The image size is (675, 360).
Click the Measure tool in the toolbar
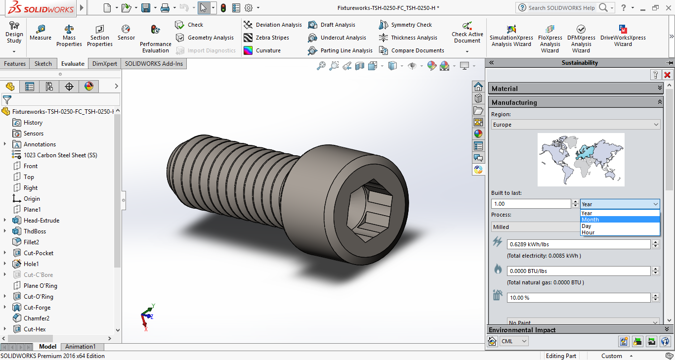pos(41,33)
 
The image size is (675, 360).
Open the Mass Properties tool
pos(69,36)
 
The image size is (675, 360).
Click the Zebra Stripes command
pos(266,38)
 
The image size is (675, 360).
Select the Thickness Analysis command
pos(408,38)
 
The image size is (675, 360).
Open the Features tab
pos(15,64)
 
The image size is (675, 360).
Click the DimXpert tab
pos(105,64)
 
